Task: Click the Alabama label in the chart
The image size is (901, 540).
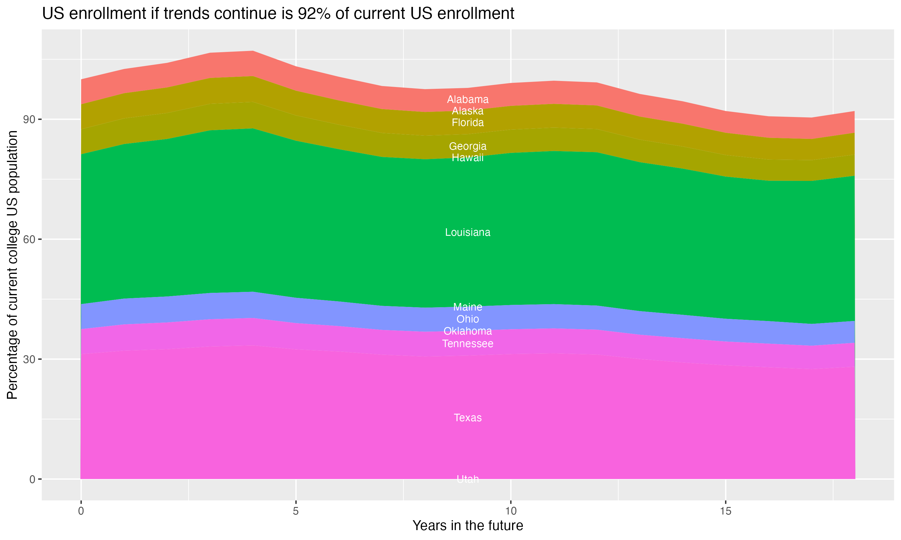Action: click(468, 99)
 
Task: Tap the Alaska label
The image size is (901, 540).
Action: click(468, 111)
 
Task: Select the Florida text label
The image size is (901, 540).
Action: click(468, 123)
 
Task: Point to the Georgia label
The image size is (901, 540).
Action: click(468, 146)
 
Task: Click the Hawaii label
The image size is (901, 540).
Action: click(468, 157)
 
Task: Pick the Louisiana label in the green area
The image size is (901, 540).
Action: click(468, 232)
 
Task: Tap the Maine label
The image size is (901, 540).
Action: click(468, 307)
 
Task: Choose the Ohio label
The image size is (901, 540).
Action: click(468, 319)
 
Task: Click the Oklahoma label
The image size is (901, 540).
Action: click(468, 331)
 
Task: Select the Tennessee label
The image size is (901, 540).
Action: click(468, 343)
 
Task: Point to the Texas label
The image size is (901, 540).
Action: click(468, 418)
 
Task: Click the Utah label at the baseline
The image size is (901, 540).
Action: click(468, 479)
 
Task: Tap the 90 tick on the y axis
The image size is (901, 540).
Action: click(29, 119)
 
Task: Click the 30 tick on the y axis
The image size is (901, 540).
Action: click(29, 359)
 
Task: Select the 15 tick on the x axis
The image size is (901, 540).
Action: click(726, 511)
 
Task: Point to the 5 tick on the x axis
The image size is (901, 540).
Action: click(296, 511)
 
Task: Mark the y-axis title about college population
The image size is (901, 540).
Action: click(12, 265)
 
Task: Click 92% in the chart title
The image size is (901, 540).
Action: click(312, 14)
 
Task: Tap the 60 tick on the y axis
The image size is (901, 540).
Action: click(29, 239)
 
